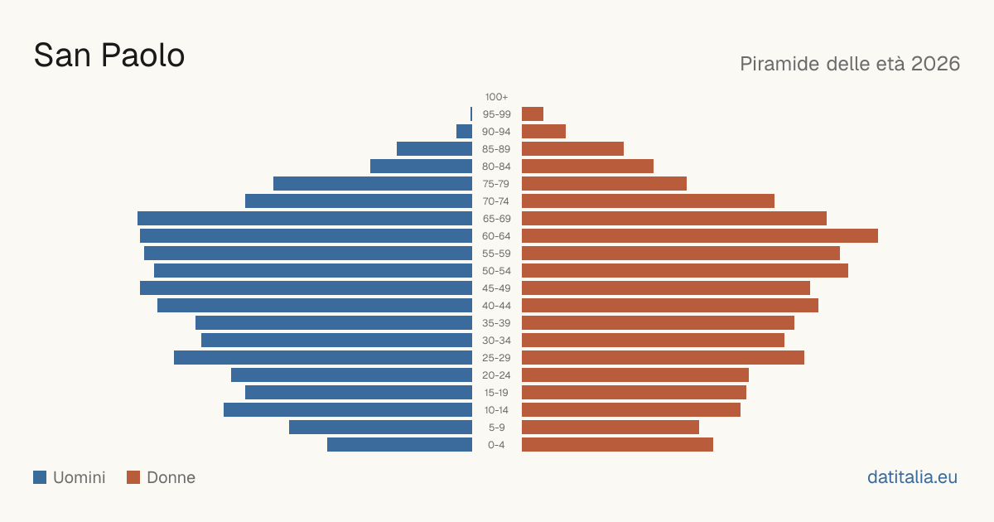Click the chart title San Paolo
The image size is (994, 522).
click(109, 56)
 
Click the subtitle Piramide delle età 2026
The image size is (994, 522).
click(850, 64)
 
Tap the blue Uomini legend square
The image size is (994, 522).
click(40, 477)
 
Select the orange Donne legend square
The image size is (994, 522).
click(133, 477)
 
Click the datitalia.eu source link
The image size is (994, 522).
click(912, 477)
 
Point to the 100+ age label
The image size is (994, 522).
click(496, 97)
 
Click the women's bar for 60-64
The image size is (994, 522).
click(700, 235)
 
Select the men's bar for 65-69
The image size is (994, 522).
click(305, 219)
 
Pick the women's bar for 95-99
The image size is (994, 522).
click(533, 114)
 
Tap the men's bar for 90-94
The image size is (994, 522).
click(464, 132)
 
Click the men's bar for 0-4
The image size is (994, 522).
click(400, 445)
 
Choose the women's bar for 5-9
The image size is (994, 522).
click(610, 428)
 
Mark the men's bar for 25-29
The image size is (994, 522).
click(323, 358)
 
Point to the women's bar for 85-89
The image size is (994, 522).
click(573, 148)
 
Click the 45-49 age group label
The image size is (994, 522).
click(496, 288)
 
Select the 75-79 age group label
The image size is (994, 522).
click(496, 184)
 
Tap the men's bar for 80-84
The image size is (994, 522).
click(421, 167)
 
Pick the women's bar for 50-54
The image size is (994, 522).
click(685, 271)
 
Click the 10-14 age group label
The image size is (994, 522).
click(496, 410)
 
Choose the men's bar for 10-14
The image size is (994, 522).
click(348, 410)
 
